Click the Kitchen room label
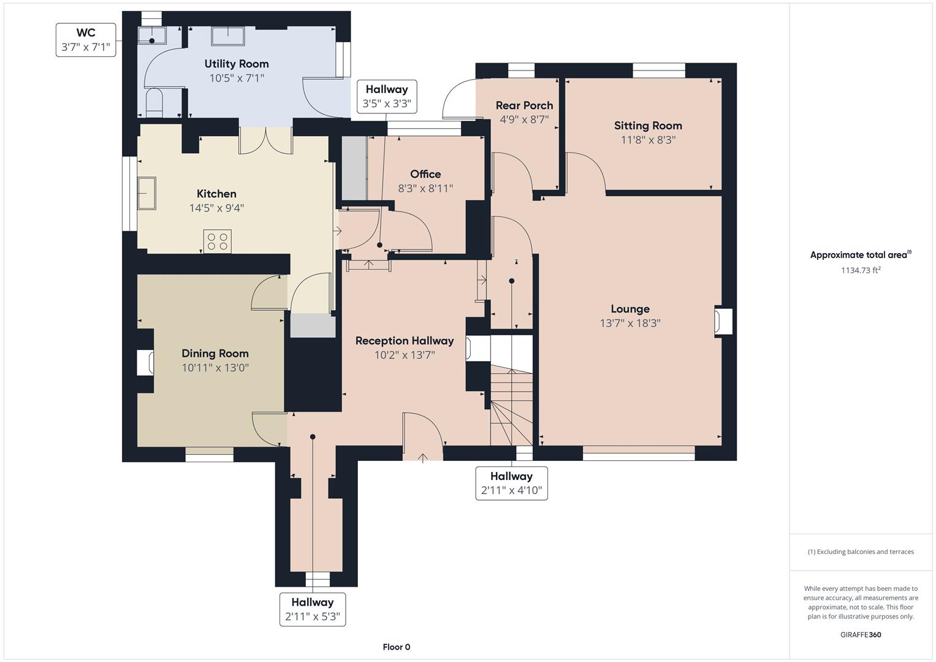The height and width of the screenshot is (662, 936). pos(216,194)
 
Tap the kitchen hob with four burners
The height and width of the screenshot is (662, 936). pos(217,241)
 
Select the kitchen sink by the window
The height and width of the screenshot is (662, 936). pos(146,193)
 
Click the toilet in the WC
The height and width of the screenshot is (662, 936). pos(154,102)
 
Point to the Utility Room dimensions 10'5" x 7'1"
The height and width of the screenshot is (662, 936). pos(237,78)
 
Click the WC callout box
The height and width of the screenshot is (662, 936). pos(86,40)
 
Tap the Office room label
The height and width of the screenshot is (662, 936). pos(425,174)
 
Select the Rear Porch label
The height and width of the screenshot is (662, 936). pos(524,105)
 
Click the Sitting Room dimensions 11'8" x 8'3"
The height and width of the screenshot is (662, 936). pos(648,140)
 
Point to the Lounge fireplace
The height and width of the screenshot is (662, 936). pos(723,321)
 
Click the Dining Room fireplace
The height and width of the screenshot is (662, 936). pos(145,362)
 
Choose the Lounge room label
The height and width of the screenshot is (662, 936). pos(630,309)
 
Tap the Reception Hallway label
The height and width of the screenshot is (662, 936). pos(405,341)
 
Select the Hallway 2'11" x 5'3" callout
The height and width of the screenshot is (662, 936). pos(313,609)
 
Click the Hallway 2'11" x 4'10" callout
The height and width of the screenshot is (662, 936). pos(511,483)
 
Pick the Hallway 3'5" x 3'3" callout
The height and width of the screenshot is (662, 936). pos(387,97)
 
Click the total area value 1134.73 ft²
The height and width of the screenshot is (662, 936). pos(861,270)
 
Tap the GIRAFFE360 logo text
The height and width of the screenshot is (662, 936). pos(861,634)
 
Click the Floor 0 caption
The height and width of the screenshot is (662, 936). pos(397,647)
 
